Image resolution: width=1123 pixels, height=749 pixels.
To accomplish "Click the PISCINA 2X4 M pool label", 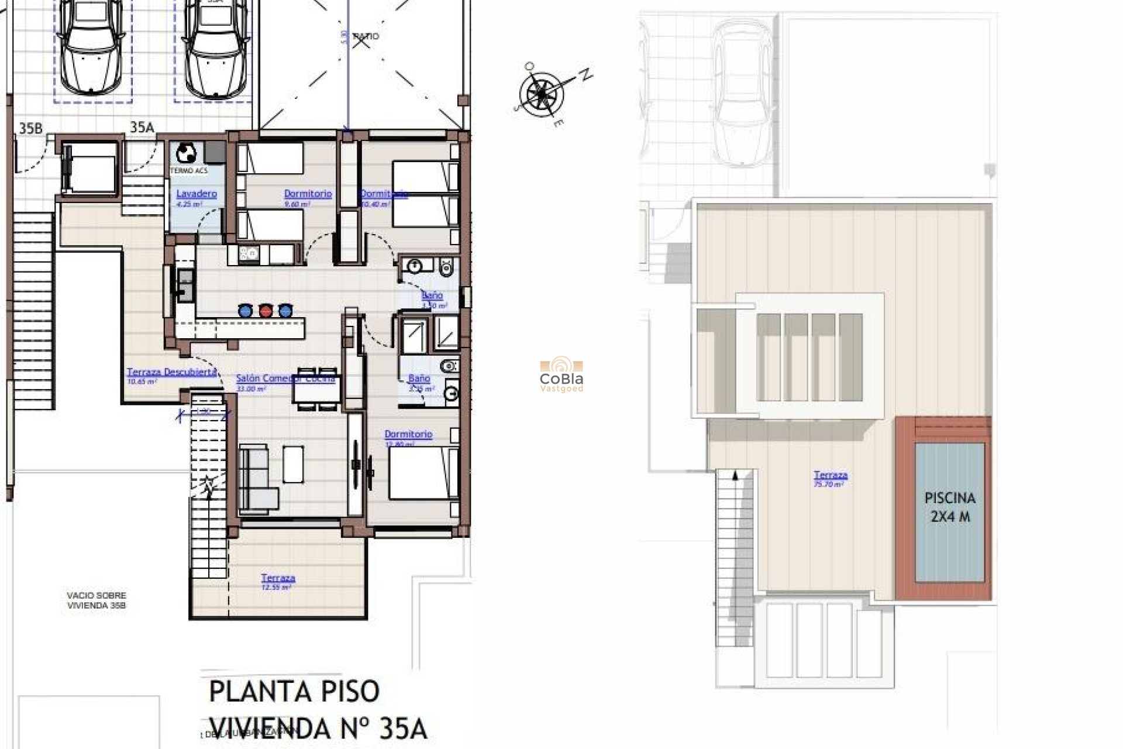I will coord(950,507).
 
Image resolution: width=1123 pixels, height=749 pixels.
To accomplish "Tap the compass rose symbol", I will coord(542,94).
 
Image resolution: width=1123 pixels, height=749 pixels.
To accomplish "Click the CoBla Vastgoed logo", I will coord(561,374).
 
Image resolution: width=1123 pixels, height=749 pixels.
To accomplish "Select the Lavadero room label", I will coord(197,194).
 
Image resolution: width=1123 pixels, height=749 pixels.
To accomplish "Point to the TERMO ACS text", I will coord(188,170).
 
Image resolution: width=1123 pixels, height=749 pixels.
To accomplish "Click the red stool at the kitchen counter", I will coord(266,310).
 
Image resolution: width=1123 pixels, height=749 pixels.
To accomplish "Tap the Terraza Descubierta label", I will coord(171,372).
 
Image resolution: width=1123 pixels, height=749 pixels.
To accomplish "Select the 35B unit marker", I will coord(30,128).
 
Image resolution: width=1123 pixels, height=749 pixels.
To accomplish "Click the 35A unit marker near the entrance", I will coord(142,127).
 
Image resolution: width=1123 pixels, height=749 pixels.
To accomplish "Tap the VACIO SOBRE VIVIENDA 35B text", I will coord(97,600).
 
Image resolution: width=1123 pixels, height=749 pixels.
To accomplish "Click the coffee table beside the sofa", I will coord(293,464).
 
